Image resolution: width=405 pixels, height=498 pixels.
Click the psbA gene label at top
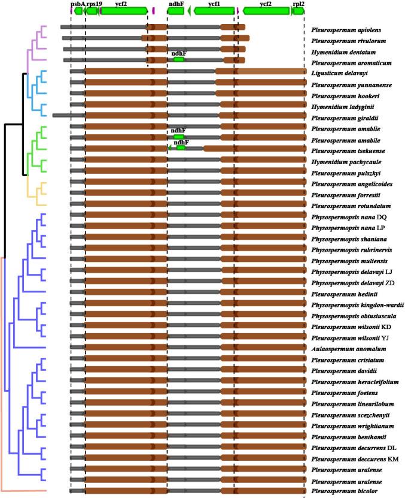[78, 4]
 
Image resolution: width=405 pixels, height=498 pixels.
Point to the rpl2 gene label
[298, 4]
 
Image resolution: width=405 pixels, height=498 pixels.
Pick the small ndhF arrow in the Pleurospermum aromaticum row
[178, 59]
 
